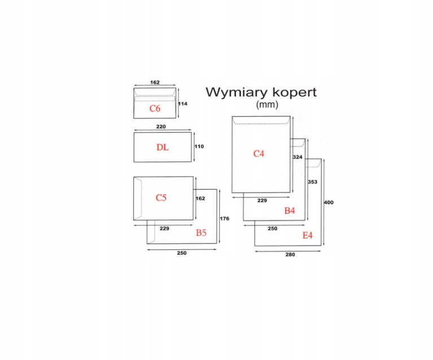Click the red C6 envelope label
click(155, 108)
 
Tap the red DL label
click(163, 147)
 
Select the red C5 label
click(161, 197)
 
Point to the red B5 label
click(202, 232)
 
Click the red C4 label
click(259, 153)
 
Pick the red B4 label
click(290, 210)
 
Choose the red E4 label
click(307, 235)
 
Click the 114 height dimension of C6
click(182, 104)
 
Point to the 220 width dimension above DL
click(161, 128)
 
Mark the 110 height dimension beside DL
click(198, 146)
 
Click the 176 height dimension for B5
click(224, 218)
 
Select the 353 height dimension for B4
click(312, 182)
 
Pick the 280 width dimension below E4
click(290, 254)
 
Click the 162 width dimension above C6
click(155, 82)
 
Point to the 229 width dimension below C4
click(261, 200)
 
